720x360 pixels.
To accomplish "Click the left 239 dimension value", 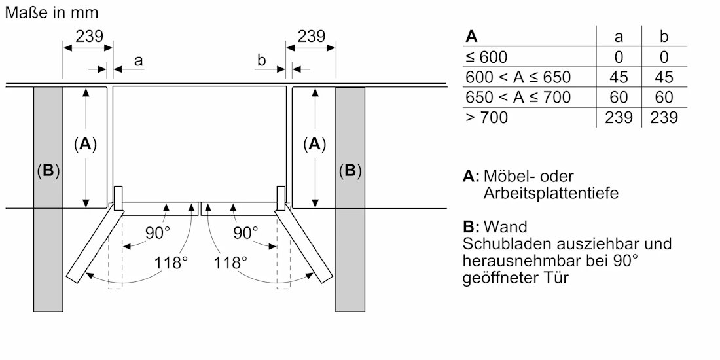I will [89, 37].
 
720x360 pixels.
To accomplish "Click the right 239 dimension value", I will [312, 37].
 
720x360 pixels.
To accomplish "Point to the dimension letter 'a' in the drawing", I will [138, 61].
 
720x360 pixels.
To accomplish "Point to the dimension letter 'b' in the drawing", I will [262, 61].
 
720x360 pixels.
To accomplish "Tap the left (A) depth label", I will [85, 145].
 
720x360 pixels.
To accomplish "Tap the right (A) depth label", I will [315, 145].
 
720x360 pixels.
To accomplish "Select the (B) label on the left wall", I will [48, 171].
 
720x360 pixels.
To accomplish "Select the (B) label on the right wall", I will [350, 171].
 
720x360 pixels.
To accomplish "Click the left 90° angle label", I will [157, 232].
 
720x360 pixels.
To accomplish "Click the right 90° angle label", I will [245, 232].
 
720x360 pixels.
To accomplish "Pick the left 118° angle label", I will [171, 263].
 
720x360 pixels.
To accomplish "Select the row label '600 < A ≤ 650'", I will [518, 77].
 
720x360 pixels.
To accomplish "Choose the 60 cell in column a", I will [619, 98].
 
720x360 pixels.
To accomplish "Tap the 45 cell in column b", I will [664, 77].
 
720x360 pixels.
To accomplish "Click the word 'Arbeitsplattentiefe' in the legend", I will [550, 194].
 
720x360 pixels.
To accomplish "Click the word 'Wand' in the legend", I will [505, 227].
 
